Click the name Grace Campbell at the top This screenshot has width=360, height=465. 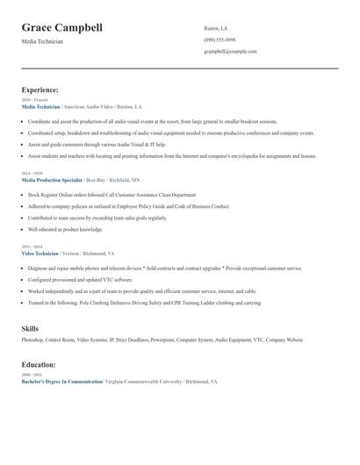point(61,27)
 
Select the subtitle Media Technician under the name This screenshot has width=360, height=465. point(42,41)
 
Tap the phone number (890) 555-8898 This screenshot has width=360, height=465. point(220,39)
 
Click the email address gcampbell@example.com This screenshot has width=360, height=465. point(230,52)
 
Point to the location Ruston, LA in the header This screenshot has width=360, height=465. point(216,28)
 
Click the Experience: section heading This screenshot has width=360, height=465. point(40,89)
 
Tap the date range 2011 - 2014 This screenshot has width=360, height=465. point(32,247)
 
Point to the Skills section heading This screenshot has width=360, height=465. point(30,328)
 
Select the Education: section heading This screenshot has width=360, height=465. point(39,364)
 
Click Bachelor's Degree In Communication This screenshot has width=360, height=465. point(61,383)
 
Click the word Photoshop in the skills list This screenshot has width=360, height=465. point(32,340)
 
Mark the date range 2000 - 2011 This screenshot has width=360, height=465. point(32,376)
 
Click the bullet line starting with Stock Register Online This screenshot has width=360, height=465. point(112,195)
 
